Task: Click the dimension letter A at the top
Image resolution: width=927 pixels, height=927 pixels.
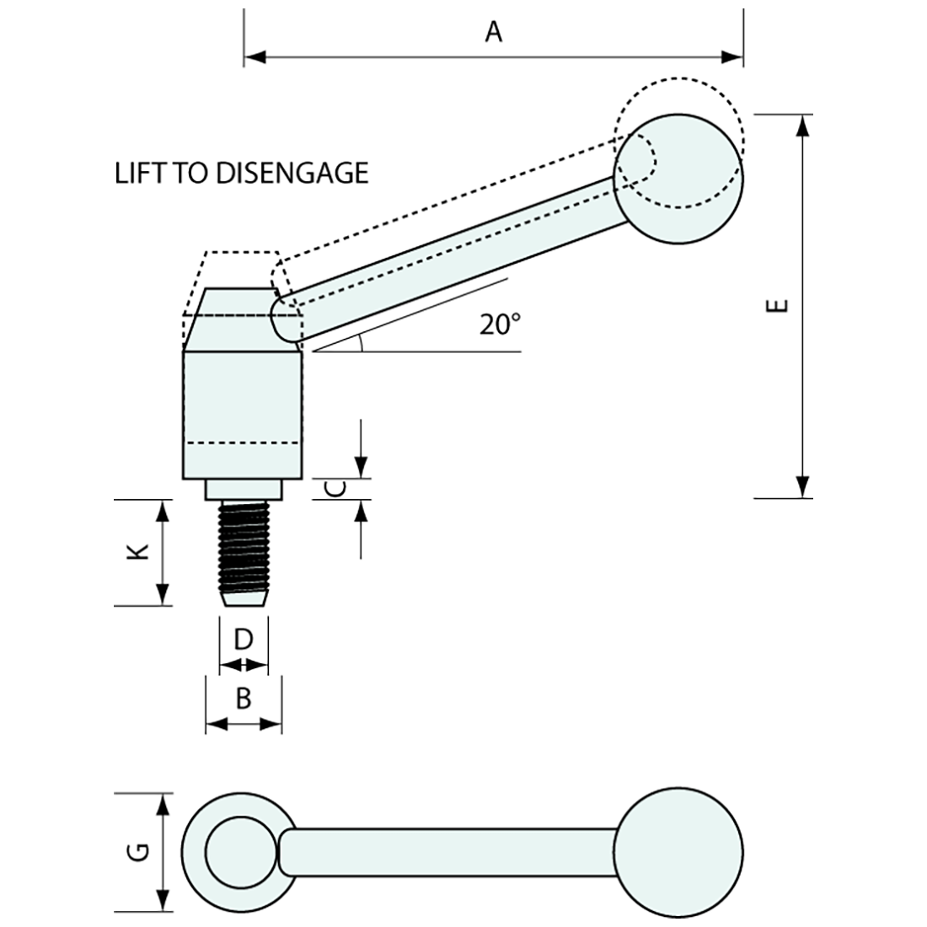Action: pos(494,32)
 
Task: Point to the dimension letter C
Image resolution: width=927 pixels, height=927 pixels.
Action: pos(335,489)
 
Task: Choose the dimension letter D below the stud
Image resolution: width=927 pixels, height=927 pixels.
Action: pos(243,640)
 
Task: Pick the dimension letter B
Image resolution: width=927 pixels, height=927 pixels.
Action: pos(243,698)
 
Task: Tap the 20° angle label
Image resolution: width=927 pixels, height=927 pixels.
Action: pos(501,324)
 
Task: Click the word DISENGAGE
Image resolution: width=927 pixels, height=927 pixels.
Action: pos(293,173)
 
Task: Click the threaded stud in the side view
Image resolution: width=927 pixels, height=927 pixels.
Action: pos(243,552)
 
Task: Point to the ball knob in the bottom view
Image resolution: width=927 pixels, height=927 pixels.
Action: pos(679,852)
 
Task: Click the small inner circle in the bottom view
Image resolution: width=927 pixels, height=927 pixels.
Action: pos(239,852)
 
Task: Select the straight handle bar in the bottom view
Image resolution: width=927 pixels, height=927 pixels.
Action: pos(447,852)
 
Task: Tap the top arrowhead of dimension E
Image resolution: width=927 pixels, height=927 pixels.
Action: pos(803,125)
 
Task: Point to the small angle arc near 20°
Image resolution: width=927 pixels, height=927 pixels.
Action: pos(360,341)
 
